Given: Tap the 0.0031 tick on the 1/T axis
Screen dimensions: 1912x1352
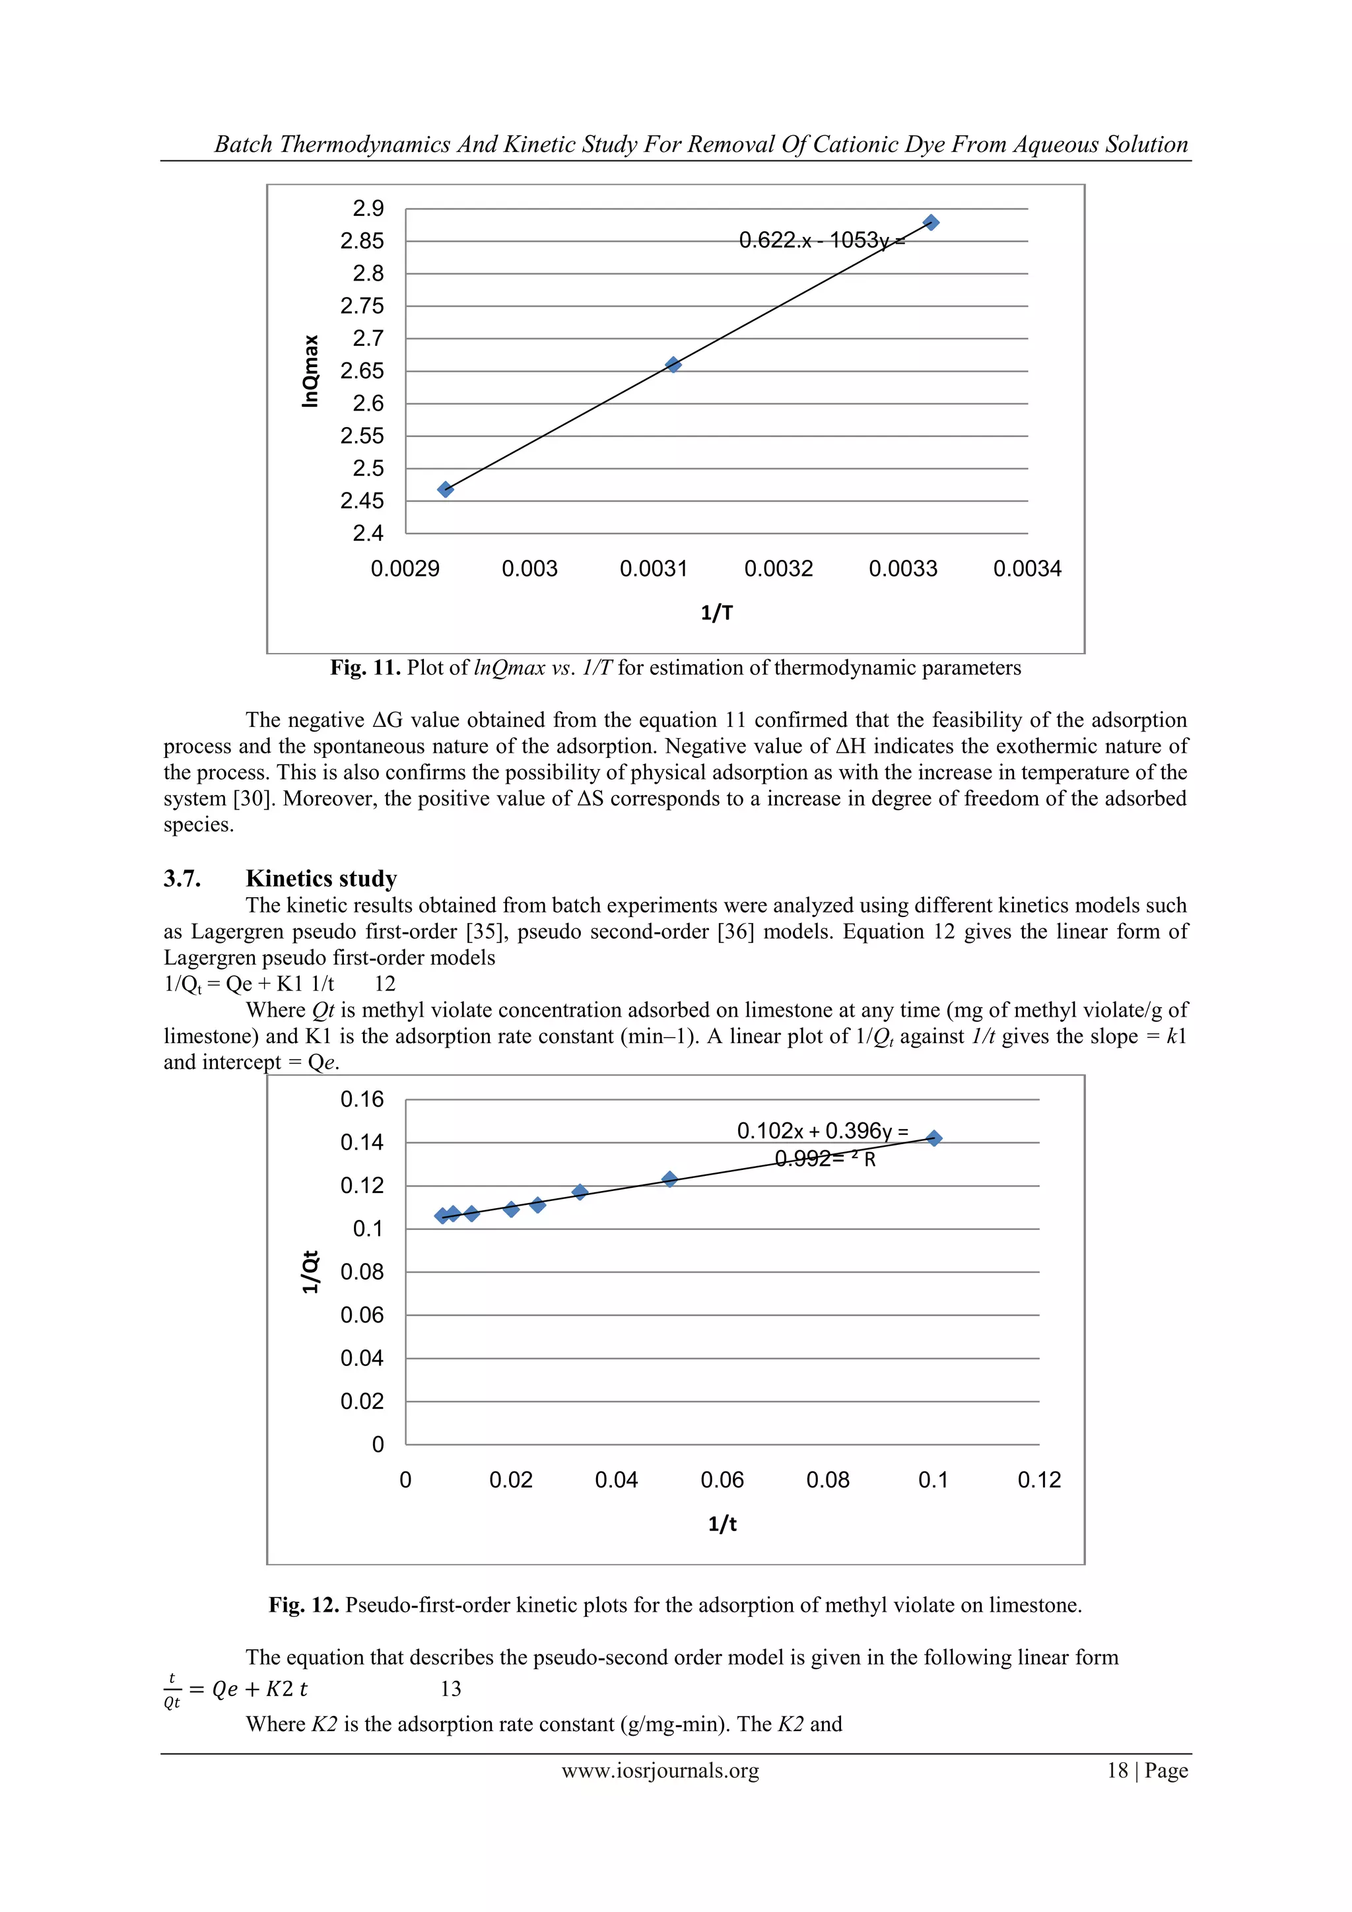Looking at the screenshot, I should [x=654, y=568].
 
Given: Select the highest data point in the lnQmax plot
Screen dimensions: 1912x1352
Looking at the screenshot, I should [x=931, y=222].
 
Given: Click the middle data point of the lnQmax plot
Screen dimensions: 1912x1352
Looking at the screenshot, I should [x=673, y=364].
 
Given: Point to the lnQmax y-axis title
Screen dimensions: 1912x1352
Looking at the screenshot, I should [x=310, y=370].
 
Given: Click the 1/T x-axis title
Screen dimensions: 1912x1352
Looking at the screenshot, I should [x=716, y=613].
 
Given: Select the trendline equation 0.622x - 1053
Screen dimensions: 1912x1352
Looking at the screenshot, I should [x=821, y=241].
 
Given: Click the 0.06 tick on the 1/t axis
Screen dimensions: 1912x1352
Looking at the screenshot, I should [x=722, y=1480].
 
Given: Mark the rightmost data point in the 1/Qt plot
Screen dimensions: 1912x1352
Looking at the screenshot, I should [x=933, y=1138].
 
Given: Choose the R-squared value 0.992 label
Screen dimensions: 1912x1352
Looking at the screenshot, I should [x=803, y=1159].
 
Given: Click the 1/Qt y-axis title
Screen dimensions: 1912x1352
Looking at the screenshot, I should [x=310, y=1272].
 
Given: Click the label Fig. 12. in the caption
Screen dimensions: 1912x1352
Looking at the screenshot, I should [x=303, y=1605].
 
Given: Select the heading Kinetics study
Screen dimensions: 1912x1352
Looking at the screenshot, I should [x=321, y=879].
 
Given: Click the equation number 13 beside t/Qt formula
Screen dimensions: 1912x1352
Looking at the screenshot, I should [x=450, y=1689].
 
